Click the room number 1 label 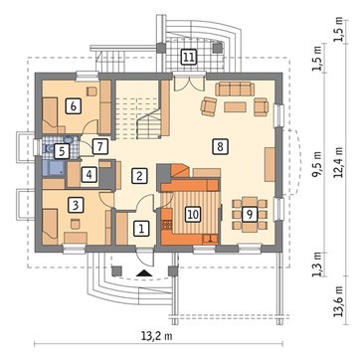141,229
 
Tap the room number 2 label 139,176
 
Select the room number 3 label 76,205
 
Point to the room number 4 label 90,174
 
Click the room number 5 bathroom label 62,151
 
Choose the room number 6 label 74,106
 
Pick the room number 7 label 100,146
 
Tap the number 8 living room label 220,146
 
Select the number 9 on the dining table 250,215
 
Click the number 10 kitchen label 193,214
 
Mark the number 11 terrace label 188,57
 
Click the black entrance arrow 143,273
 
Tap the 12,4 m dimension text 339,163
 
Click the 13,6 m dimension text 339,300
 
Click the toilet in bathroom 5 49,149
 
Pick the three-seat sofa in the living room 235,89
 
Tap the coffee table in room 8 235,107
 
